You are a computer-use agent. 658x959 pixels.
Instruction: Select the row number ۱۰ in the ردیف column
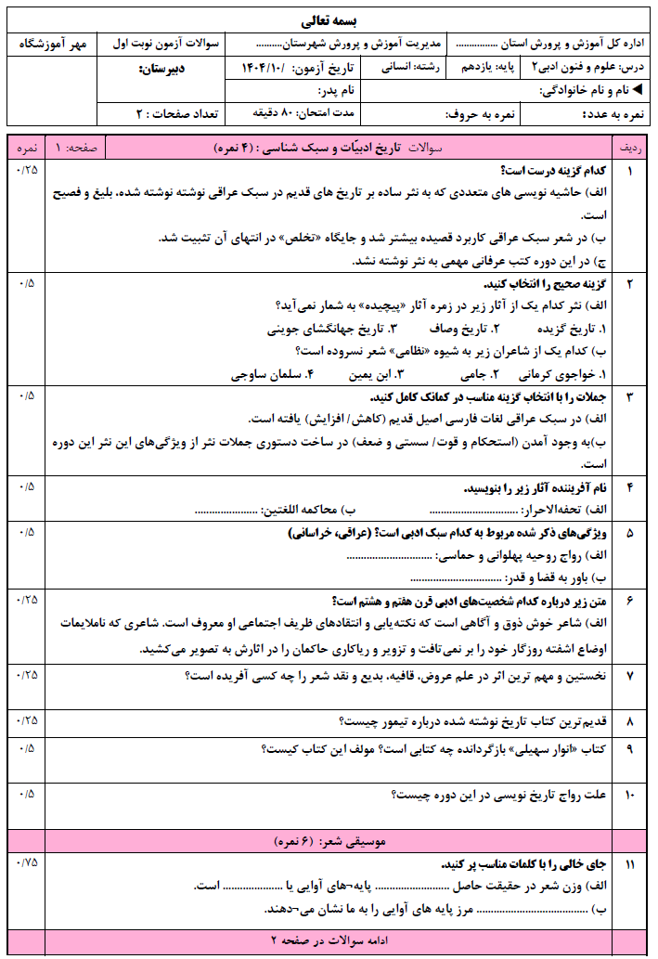(629, 795)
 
